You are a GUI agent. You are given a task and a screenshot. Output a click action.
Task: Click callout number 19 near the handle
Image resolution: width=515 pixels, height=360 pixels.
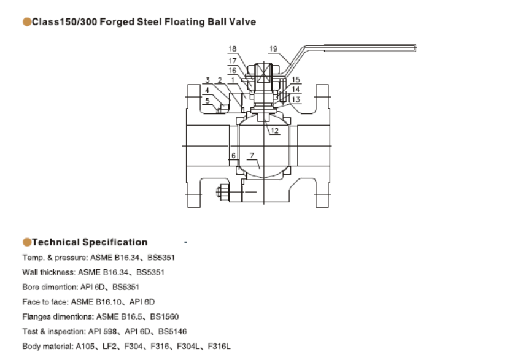coord(273,48)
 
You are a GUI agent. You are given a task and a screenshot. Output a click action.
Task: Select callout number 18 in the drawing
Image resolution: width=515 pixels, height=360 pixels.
coord(232,48)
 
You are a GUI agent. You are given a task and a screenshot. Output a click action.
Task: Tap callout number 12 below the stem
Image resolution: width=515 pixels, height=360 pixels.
coord(274,131)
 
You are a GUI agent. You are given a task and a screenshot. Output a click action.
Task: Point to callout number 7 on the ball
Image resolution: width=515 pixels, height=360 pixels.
coord(252,156)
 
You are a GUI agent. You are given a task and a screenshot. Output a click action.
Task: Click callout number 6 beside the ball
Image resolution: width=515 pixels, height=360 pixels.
coord(234,156)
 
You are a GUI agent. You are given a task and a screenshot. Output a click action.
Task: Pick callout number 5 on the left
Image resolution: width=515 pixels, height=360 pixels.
coord(207,101)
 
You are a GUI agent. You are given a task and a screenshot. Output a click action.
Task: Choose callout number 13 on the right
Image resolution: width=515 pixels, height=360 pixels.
coord(296,99)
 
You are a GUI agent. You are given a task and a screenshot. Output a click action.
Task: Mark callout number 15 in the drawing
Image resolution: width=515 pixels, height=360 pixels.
coord(296,80)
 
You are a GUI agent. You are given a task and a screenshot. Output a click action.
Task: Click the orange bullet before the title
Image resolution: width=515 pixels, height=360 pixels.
coord(26,22)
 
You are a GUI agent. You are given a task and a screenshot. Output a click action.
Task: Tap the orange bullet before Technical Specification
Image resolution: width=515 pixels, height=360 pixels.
coord(26,242)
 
